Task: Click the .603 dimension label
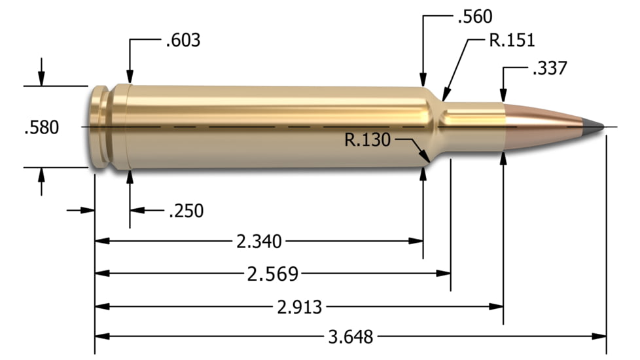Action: (x=183, y=41)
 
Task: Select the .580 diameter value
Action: (x=41, y=127)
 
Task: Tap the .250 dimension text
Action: (x=186, y=211)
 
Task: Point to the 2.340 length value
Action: (x=258, y=242)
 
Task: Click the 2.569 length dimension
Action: (x=272, y=274)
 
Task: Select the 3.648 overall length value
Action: (x=351, y=337)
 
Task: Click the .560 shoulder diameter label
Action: (x=475, y=16)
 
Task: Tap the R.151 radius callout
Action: (x=512, y=41)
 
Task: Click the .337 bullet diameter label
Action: (x=549, y=68)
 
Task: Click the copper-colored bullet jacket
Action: (x=543, y=121)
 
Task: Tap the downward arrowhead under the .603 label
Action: (x=130, y=77)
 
